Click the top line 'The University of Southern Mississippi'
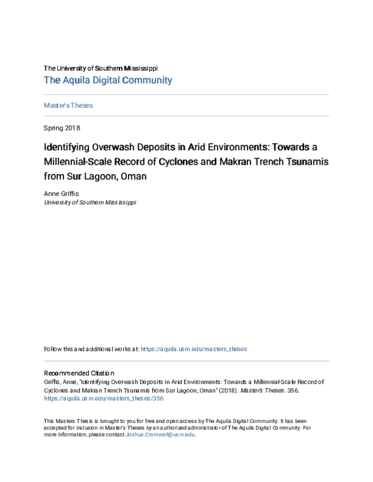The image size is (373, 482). coord(100,68)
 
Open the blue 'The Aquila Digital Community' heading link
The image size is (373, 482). coord(108,80)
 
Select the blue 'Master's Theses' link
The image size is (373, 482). coord(68,106)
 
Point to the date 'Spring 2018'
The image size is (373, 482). coord(62,128)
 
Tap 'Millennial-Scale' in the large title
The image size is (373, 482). coord(80,162)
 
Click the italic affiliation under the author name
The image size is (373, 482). coord(90,202)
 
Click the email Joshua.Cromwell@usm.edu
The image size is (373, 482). coord(160,435)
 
